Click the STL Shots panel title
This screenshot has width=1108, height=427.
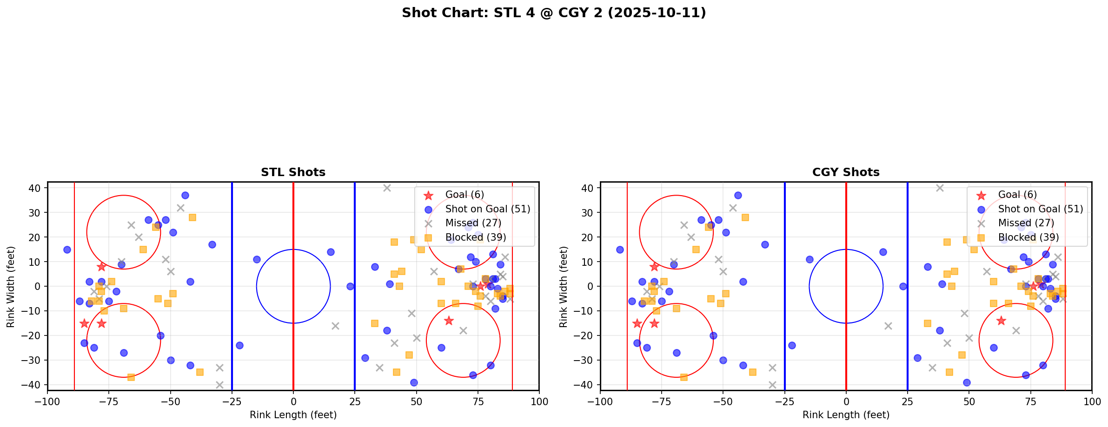click(x=293, y=172)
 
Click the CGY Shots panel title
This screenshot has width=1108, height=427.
click(x=846, y=172)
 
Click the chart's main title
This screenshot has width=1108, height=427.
click(x=554, y=13)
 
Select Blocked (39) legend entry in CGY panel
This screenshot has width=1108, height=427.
click(x=1028, y=237)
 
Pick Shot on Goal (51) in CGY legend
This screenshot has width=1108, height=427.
click(x=1040, y=209)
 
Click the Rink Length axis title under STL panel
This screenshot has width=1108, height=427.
click(x=293, y=415)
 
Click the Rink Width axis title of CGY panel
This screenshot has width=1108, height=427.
click(x=564, y=286)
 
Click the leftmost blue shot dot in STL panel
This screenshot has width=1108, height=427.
click(x=67, y=250)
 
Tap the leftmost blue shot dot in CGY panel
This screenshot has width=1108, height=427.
click(x=620, y=250)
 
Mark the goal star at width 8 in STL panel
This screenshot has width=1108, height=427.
click(x=101, y=267)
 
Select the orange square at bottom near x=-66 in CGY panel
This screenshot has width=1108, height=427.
click(x=684, y=377)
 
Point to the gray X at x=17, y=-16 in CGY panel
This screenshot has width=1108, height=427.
click(x=888, y=326)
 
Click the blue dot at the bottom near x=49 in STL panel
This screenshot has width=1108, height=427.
click(x=414, y=382)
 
